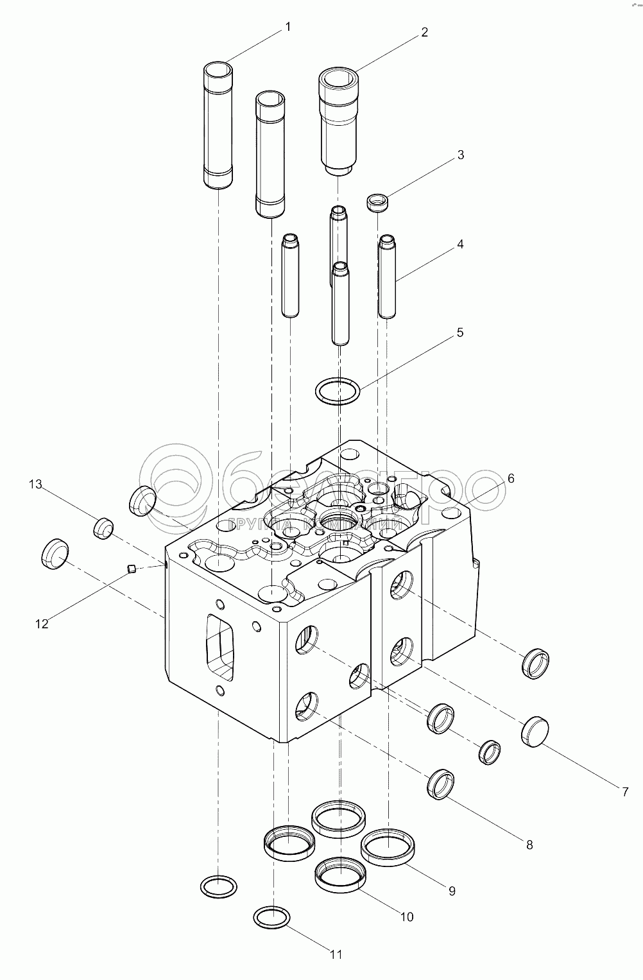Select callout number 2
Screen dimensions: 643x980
click(x=424, y=33)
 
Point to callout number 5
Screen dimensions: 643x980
click(x=460, y=332)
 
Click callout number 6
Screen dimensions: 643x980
click(x=511, y=478)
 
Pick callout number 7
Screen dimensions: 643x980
click(x=625, y=792)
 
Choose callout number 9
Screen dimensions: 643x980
click(x=452, y=891)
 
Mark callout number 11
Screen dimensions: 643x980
click(x=336, y=954)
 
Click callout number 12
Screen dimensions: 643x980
click(x=42, y=623)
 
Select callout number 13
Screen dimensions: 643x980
click(x=35, y=485)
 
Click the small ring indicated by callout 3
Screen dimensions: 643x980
click(x=378, y=203)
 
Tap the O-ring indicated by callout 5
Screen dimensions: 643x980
click(x=337, y=391)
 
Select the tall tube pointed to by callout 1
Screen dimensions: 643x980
click(x=218, y=125)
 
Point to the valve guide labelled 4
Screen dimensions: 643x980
click(x=386, y=277)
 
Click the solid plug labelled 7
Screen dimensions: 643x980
click(x=535, y=732)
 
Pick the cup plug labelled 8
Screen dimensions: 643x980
click(x=442, y=784)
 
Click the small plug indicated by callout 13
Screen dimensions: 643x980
click(x=103, y=528)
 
